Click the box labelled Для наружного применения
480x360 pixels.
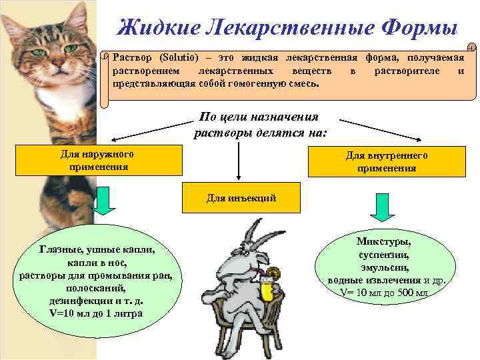tap(98, 161)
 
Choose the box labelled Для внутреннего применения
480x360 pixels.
tap(387, 162)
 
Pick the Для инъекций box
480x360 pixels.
tap(241, 198)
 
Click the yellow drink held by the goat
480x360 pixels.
tap(268, 289)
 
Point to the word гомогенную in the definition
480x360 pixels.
tap(248, 85)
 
